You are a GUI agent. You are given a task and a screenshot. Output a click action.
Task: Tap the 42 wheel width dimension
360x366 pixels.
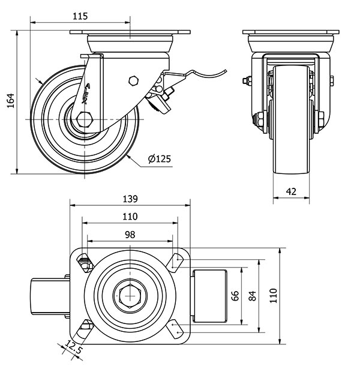pyautogui.click(x=291, y=191)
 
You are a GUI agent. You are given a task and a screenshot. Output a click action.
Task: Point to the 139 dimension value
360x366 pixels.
pyautogui.click(x=130, y=199)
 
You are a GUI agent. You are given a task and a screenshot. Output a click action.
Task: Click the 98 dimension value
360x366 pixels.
pyautogui.click(x=130, y=235)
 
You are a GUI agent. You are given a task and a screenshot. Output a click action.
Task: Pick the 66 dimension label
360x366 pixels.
pyautogui.click(x=235, y=295)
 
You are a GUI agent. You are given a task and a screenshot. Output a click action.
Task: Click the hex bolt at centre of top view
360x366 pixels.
pyautogui.click(x=128, y=295)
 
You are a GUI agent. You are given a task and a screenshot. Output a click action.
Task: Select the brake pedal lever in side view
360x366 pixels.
pyautogui.click(x=198, y=74)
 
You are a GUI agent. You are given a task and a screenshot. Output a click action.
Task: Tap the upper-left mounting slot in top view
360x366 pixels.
pyautogui.click(x=84, y=259)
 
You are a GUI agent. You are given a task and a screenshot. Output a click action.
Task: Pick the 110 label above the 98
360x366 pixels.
pyautogui.click(x=130, y=217)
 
